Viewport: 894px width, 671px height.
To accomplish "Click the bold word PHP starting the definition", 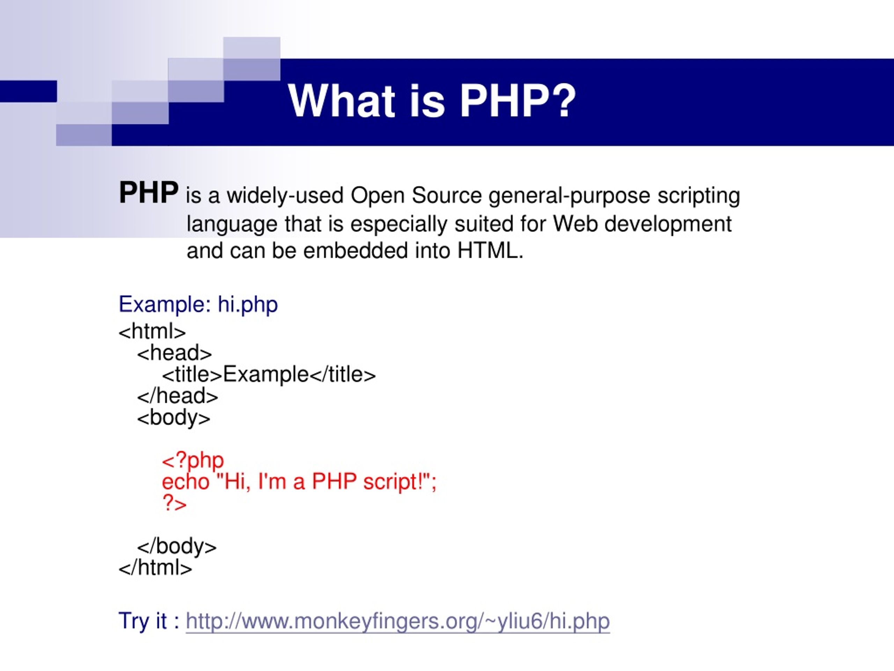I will click(148, 193).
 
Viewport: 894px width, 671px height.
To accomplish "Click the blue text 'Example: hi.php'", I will click(198, 304).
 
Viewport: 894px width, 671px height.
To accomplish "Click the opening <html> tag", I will click(152, 332).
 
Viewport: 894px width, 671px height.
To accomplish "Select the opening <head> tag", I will click(174, 353).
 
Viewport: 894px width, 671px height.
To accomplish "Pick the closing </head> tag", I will click(177, 396).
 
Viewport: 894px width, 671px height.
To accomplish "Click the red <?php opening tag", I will click(193, 460).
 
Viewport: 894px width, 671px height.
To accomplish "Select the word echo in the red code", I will click(185, 482).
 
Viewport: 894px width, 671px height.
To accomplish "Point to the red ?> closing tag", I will click(175, 503).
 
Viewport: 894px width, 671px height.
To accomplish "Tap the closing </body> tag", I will click(177, 547).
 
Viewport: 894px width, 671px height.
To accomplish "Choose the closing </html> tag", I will click(155, 568).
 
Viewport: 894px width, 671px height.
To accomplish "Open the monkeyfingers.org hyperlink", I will click(397, 621).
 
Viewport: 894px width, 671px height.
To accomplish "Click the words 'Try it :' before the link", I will click(149, 621).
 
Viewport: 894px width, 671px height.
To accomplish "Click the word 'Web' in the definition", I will click(575, 224).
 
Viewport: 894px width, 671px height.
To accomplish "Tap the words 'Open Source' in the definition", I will click(416, 195).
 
